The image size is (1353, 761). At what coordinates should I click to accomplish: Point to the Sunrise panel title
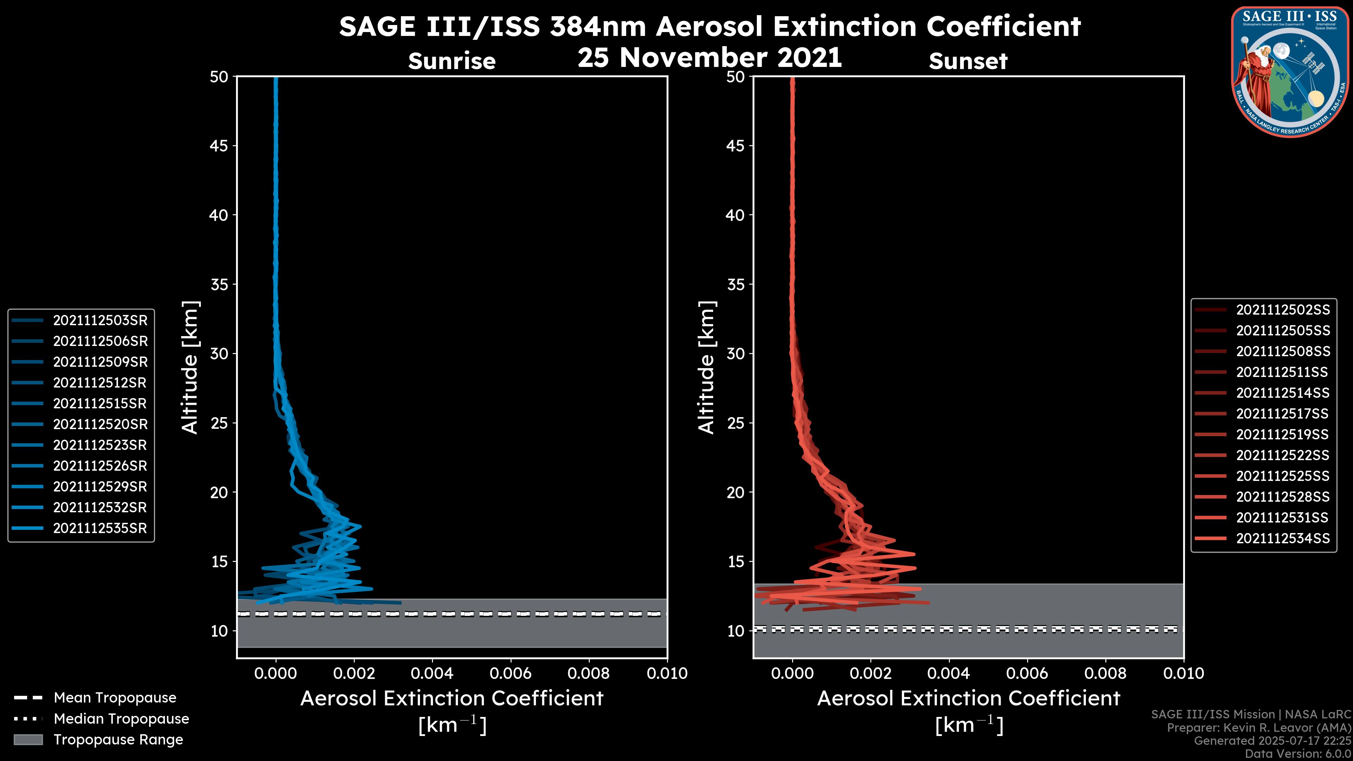click(x=452, y=61)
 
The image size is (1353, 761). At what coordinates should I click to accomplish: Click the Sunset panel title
click(x=968, y=61)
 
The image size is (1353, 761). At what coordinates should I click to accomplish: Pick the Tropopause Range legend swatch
click(x=28, y=740)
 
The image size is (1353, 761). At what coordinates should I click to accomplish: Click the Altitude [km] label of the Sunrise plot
click(x=190, y=367)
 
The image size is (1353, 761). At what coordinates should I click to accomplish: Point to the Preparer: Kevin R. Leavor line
click(x=1259, y=728)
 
